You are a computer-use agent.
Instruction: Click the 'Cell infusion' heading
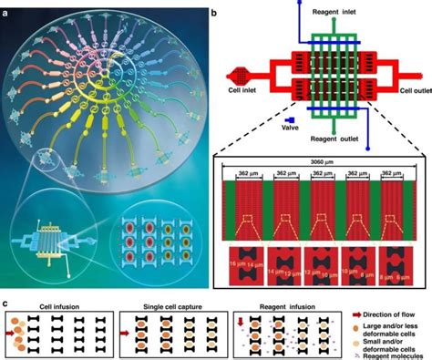point(56,296)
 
